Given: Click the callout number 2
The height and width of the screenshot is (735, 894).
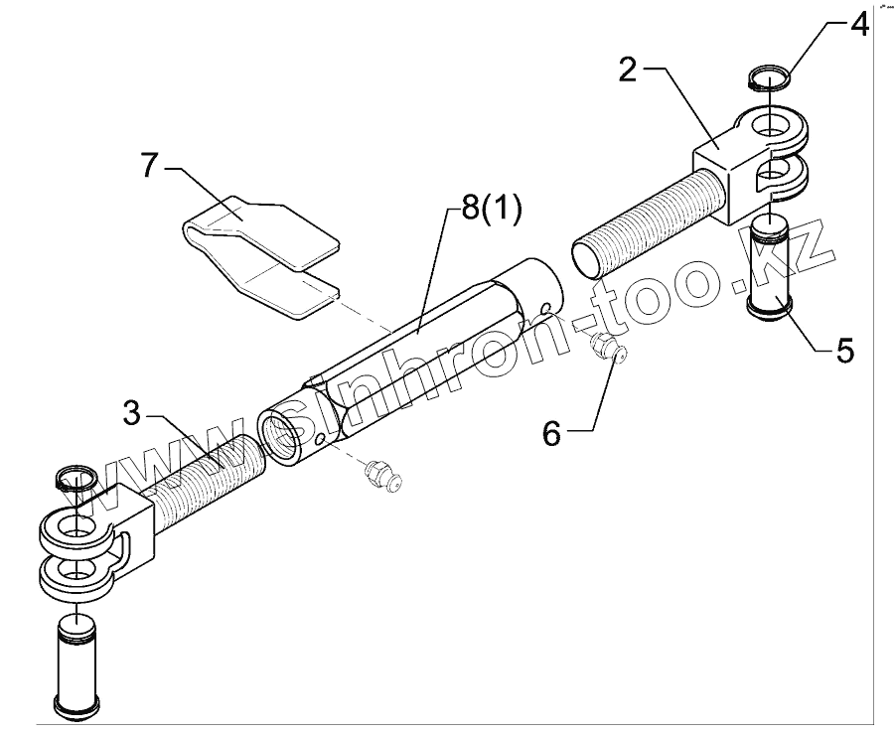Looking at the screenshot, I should point(628,71).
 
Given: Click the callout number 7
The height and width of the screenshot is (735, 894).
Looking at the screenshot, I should point(149,166).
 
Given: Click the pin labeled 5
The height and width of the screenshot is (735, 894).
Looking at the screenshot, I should point(769,268).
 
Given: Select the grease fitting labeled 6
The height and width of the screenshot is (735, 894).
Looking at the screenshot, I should point(605,349).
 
